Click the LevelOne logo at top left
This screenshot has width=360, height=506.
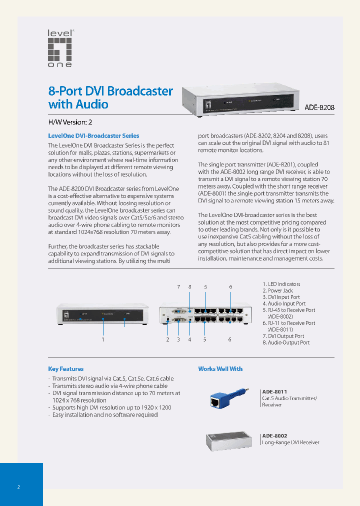pos(60,48)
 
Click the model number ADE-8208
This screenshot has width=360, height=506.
pos(319,107)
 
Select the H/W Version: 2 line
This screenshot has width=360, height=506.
pos(70,122)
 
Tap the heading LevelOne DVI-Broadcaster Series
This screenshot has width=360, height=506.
pos(93,135)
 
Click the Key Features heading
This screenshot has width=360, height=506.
pos(65,369)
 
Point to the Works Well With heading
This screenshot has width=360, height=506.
pos(220,369)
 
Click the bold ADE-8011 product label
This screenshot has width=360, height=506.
pos(274,392)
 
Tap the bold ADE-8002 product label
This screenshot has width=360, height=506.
pos(274,436)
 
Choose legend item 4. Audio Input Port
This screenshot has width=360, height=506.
pos(284,303)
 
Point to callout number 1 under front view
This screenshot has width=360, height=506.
pos(103,339)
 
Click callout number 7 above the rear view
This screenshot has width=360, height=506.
pos(178,287)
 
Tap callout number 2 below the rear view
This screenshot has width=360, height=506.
pos(167,339)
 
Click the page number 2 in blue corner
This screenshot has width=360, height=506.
pos(18,486)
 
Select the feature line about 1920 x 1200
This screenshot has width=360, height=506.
pos(112,407)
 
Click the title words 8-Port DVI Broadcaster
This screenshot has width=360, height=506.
pos(110,91)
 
